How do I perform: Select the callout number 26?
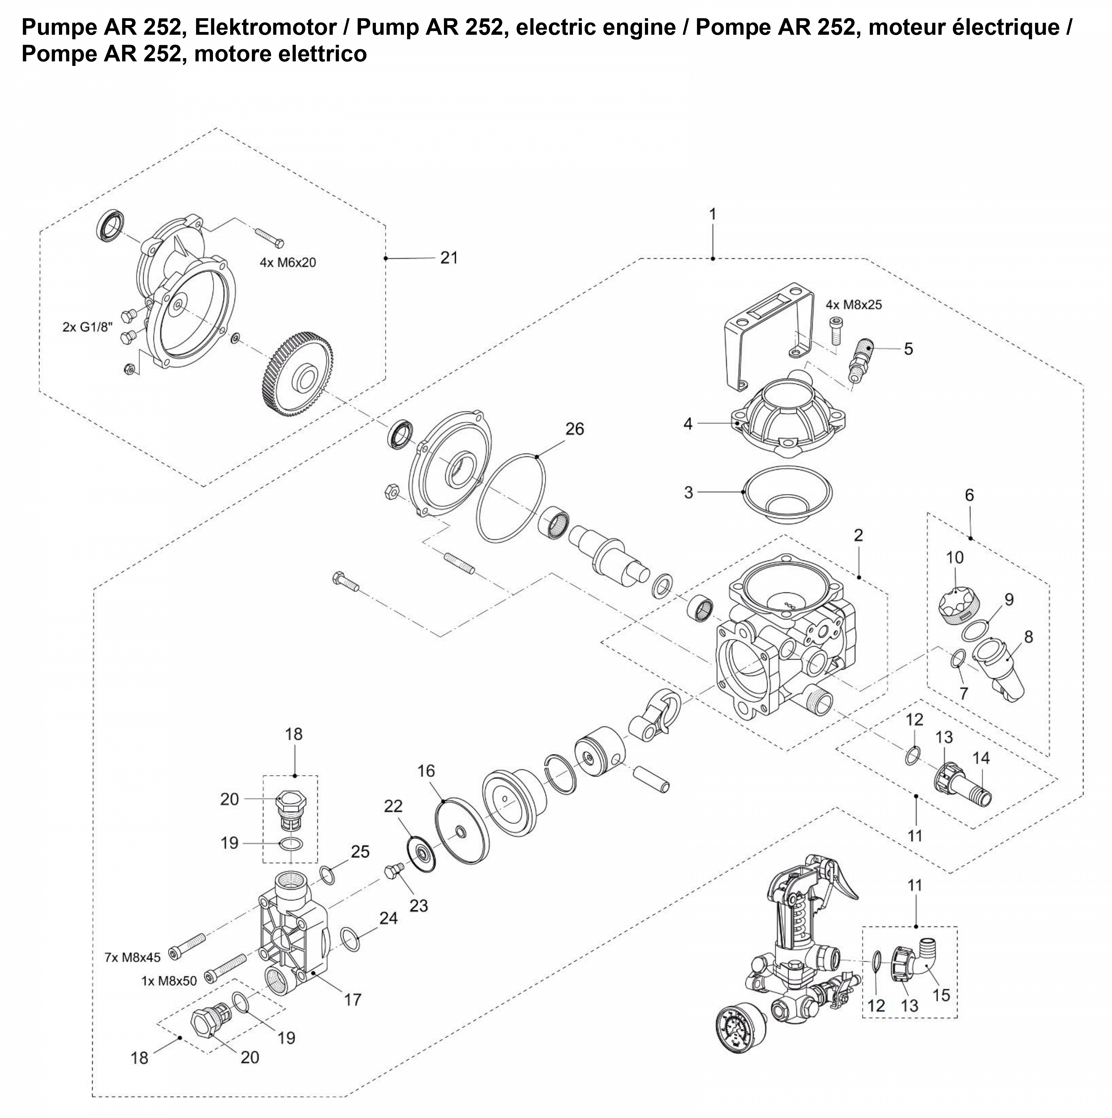click(575, 429)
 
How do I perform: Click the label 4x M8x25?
click(853, 305)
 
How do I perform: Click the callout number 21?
click(449, 258)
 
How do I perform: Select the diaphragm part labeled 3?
click(788, 493)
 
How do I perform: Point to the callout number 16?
click(426, 771)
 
